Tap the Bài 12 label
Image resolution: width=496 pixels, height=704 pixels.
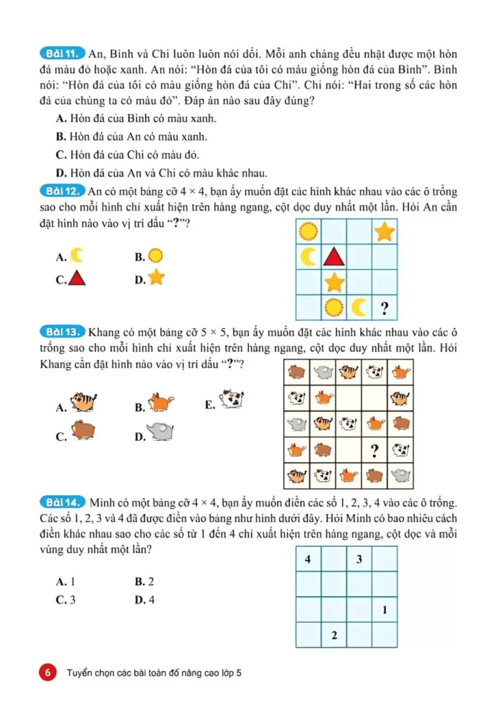62,191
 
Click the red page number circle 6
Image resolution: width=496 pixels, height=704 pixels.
48,673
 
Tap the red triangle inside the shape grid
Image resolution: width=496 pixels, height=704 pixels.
334,257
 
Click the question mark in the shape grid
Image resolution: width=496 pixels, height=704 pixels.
385,307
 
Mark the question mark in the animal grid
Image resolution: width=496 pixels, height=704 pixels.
375,450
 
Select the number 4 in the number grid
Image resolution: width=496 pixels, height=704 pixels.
308,559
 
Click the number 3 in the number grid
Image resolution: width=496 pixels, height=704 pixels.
359,559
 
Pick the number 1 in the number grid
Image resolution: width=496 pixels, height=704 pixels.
385,610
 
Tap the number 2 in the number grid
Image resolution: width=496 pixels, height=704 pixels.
334,635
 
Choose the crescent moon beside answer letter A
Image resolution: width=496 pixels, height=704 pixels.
77,256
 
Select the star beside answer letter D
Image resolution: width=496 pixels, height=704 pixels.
157,278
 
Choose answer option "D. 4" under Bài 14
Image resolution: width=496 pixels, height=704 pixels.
144,599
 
